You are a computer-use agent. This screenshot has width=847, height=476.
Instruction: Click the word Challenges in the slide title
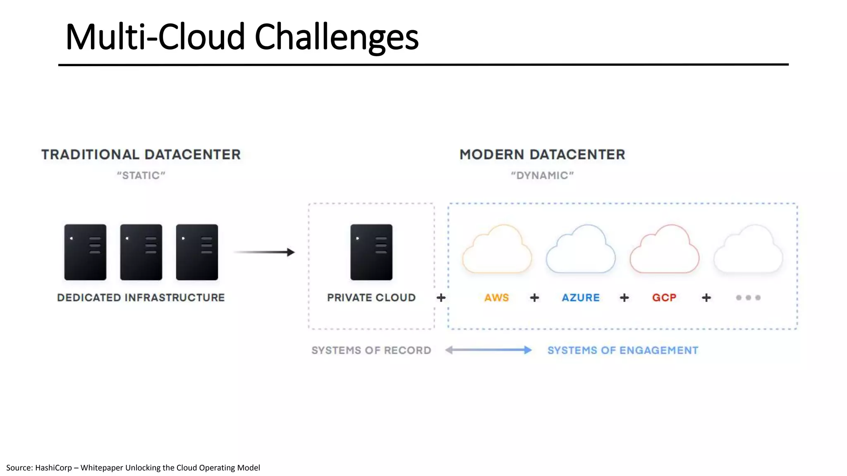point(336,37)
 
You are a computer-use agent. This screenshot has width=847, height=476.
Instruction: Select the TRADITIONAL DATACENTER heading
point(141,155)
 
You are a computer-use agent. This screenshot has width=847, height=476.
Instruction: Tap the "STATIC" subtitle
point(141,176)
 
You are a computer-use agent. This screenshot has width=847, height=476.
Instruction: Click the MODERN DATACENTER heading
point(542,155)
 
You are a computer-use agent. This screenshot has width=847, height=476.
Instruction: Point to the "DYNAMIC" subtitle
point(542,176)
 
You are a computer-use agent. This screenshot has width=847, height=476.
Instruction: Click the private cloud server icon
point(371,252)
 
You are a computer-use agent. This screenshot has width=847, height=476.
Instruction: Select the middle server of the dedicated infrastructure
point(141,252)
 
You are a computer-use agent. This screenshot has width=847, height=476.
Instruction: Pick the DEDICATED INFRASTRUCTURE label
point(141,297)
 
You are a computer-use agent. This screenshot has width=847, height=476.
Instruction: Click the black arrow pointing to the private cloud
point(265,252)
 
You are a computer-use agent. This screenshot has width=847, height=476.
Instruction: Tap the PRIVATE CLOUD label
point(371,297)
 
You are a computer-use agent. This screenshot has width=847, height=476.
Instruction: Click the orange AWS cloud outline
point(497,250)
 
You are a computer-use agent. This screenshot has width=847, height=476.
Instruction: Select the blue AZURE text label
point(580,297)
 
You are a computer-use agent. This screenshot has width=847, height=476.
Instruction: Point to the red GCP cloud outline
point(664,250)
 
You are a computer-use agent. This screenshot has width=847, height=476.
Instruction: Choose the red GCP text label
point(664,297)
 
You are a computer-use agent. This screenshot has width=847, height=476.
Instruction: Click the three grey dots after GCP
point(748,297)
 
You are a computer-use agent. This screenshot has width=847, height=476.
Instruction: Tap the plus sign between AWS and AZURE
point(534,297)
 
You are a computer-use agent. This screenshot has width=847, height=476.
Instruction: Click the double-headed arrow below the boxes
point(488,350)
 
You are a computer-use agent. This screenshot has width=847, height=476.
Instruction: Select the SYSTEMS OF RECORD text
point(371,350)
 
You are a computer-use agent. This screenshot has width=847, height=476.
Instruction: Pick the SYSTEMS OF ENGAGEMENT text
point(623,350)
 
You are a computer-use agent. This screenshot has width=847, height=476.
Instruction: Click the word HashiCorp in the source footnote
point(53,468)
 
